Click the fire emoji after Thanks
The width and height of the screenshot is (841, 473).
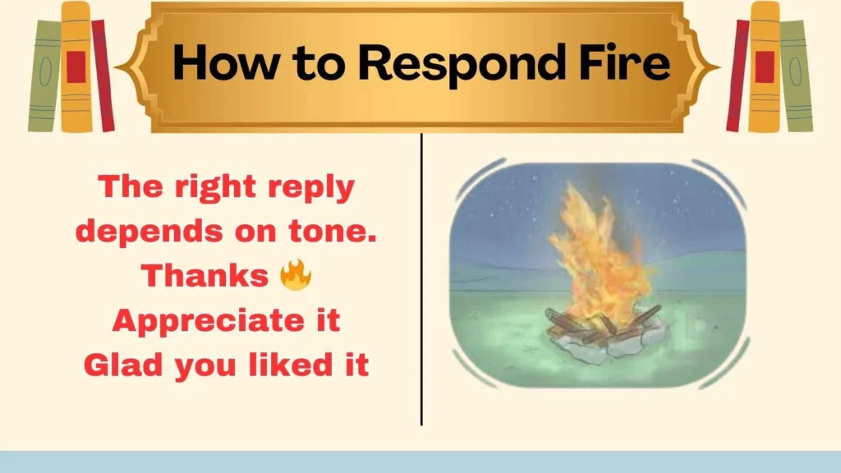pyautogui.click(x=295, y=277)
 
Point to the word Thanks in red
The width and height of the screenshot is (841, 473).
pyautogui.click(x=205, y=277)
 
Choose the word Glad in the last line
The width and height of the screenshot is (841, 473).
pyautogui.click(x=122, y=365)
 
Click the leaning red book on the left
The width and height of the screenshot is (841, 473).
pyautogui.click(x=103, y=76)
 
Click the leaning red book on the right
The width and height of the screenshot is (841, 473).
pyautogui.click(x=737, y=76)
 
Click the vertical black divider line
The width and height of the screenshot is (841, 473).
pyautogui.click(x=421, y=279)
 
